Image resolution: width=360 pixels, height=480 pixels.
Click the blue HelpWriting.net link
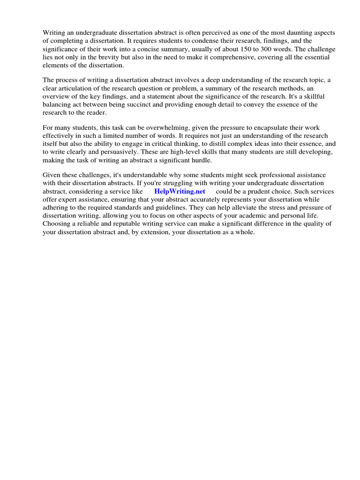point(180,191)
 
